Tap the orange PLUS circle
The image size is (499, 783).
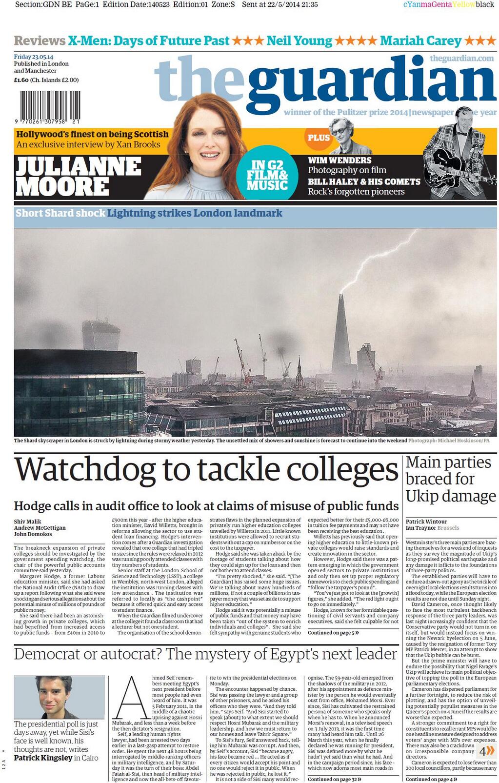tap(319, 138)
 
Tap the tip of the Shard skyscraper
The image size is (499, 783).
tap(340, 296)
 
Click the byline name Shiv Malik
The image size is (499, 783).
tap(28, 522)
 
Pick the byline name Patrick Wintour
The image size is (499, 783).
tap(426, 522)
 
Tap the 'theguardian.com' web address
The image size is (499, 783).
tap(461, 59)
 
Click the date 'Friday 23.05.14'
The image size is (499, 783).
tap(34, 57)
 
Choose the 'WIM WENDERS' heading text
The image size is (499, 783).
tap(339, 160)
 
